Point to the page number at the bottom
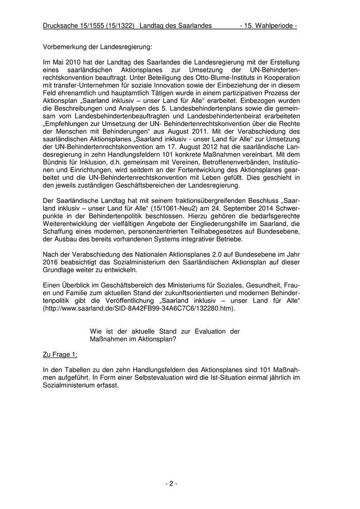(171, 483)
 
